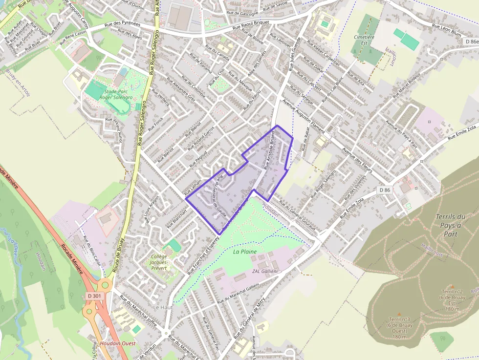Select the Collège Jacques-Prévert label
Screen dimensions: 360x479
click(x=159, y=262)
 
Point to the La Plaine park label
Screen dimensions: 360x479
click(x=245, y=252)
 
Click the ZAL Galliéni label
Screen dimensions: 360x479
click(x=264, y=271)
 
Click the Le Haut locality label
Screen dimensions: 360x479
click(x=163, y=307)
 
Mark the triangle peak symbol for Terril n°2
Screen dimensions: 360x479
click(x=452, y=287)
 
